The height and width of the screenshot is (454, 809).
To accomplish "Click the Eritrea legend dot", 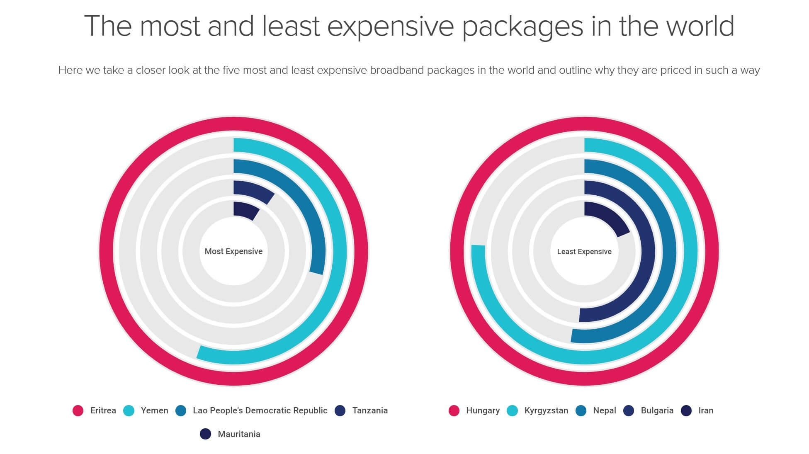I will click(78, 410).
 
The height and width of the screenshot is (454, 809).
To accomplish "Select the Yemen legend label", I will click(154, 410).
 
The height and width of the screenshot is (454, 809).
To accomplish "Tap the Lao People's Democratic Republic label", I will click(260, 410).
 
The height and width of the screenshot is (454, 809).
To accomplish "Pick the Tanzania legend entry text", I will click(370, 410).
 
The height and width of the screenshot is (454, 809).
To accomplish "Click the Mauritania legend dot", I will click(205, 434).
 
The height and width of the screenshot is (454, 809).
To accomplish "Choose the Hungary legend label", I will click(483, 410).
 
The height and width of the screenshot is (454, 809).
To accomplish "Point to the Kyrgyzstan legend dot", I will click(513, 410).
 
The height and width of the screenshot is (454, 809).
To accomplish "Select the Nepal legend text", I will click(604, 410).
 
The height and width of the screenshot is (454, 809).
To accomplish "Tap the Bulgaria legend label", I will click(657, 410).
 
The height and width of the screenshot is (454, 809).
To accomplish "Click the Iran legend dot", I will click(686, 410).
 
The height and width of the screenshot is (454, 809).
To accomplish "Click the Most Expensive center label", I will click(233, 251).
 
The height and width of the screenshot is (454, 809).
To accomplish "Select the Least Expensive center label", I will click(584, 252).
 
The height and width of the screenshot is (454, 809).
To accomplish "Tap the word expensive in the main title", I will click(391, 26).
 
